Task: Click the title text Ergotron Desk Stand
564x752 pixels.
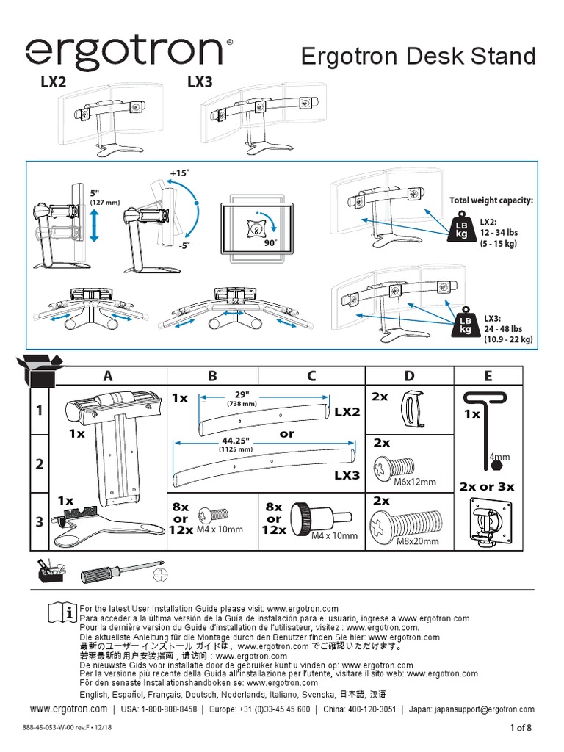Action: [419, 57]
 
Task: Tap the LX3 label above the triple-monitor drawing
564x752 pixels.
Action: [200, 83]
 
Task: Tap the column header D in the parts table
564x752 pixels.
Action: [409, 376]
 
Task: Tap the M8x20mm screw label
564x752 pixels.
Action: [417, 541]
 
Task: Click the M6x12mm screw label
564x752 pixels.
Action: [416, 482]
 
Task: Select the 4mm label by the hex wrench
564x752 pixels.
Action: [499, 457]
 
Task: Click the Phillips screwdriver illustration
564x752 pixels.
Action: [121, 574]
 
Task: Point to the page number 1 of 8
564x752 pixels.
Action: [521, 728]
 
